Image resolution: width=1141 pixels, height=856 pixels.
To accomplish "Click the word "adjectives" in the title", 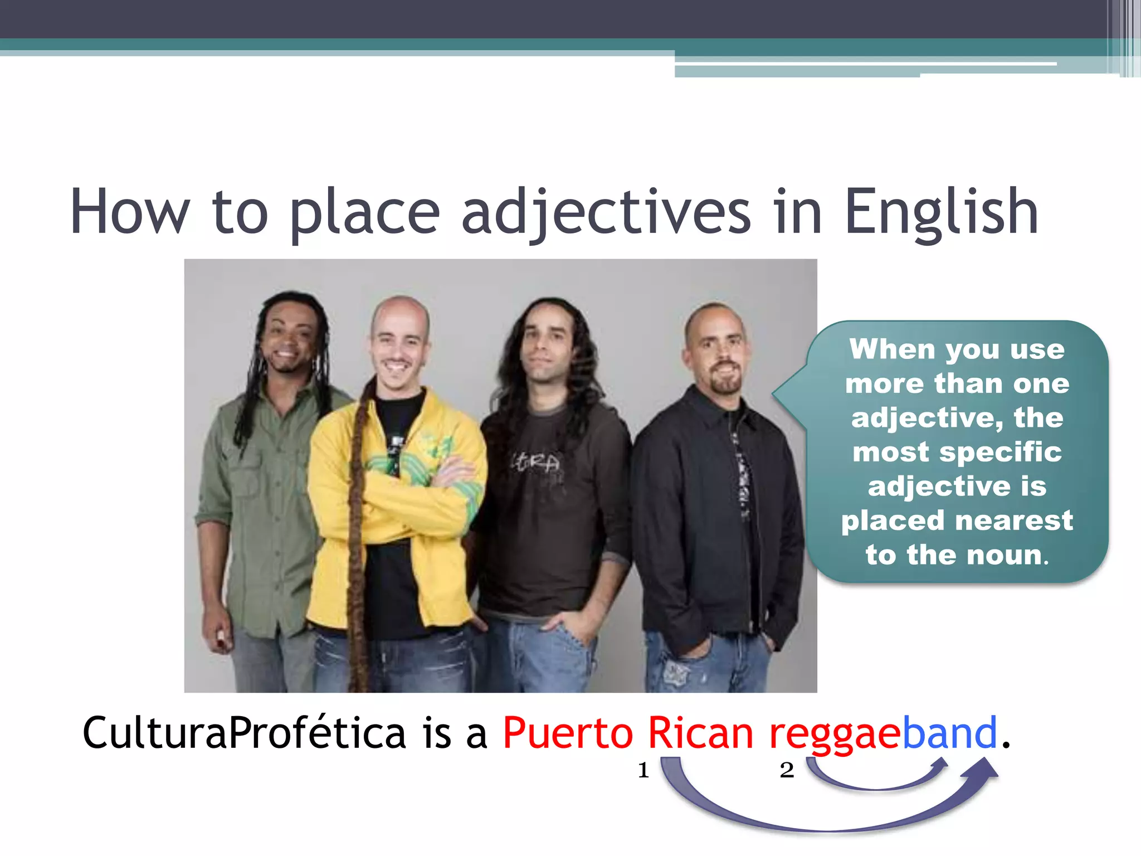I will (606, 212).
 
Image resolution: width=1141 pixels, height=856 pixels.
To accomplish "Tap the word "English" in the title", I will (941, 212).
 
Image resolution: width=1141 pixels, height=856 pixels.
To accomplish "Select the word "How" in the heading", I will (130, 212).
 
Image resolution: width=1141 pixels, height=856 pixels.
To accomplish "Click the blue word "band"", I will (949, 733).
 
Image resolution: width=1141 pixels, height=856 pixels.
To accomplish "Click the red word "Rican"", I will (700, 733).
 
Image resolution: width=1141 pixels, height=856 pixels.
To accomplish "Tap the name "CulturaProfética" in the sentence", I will (244, 733).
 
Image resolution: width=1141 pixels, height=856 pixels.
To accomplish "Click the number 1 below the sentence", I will (643, 770).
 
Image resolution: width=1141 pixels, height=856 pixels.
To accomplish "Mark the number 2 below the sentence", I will (787, 770).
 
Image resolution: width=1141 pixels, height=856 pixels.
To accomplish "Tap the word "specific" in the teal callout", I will (1001, 451).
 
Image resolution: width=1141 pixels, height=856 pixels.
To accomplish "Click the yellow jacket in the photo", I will (334, 502).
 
